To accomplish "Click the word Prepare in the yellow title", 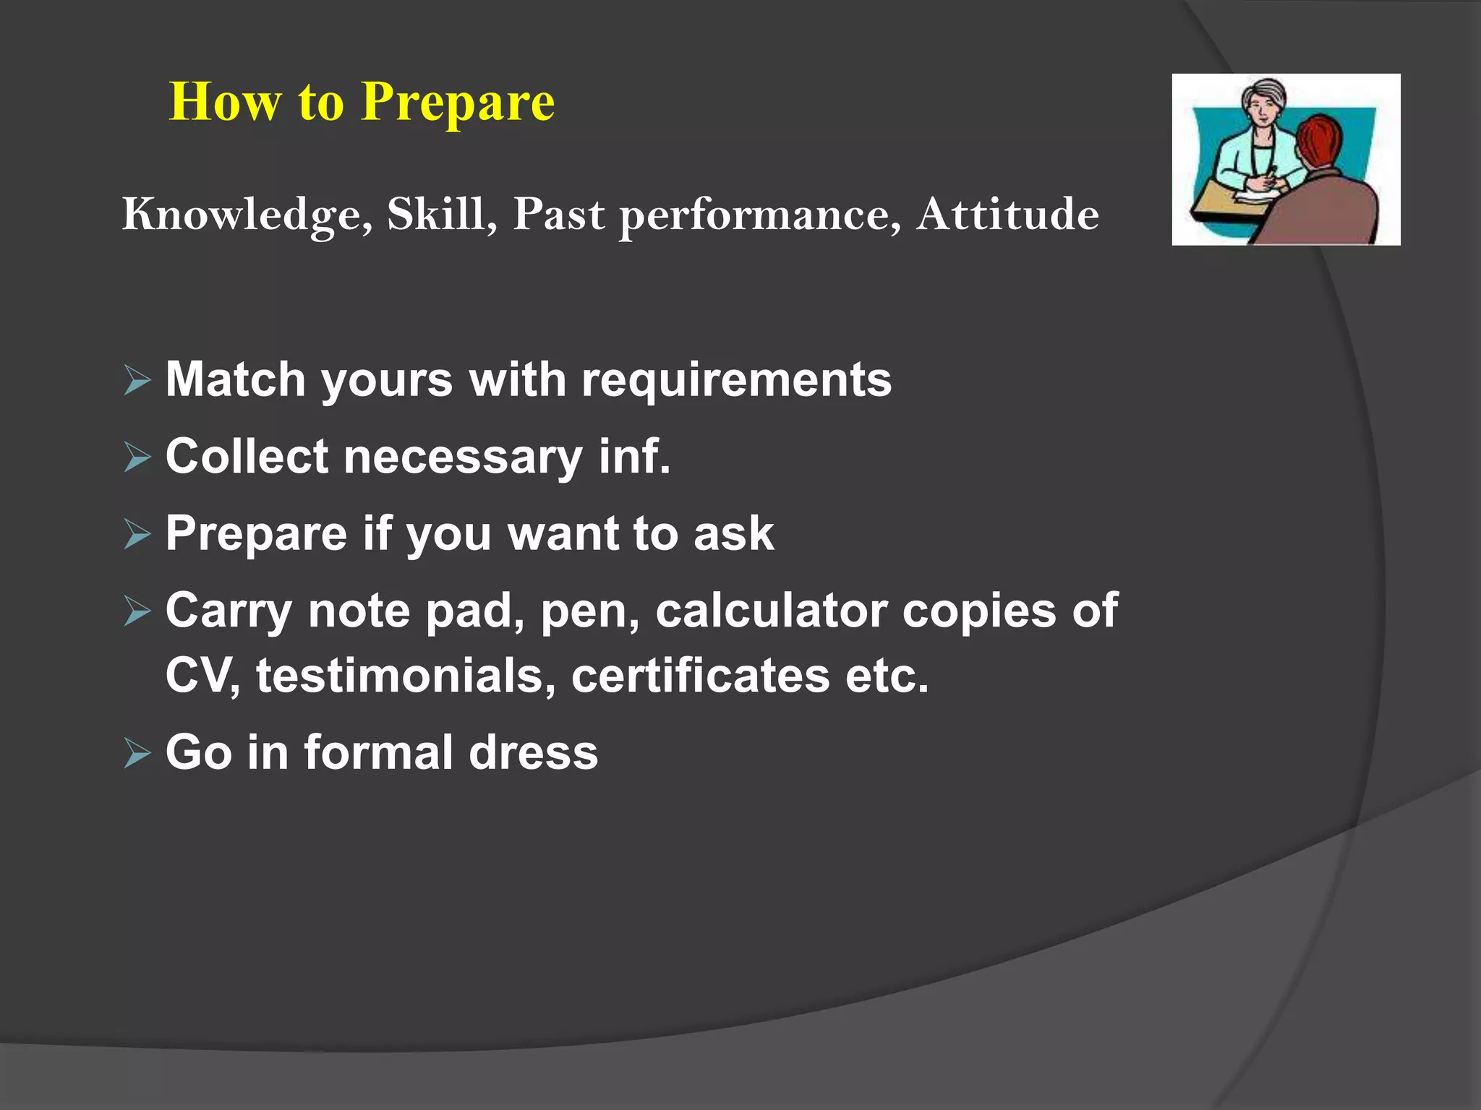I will (x=458, y=103).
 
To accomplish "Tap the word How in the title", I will (x=224, y=103).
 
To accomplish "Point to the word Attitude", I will (x=1007, y=215).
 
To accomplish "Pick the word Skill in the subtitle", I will (x=442, y=215).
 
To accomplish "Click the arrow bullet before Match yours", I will (x=137, y=381).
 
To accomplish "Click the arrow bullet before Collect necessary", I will (x=137, y=457).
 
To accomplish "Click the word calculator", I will (x=771, y=611).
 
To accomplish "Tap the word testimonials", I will (x=406, y=676).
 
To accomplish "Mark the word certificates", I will (x=700, y=676).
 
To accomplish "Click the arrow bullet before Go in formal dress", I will (x=137, y=754).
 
